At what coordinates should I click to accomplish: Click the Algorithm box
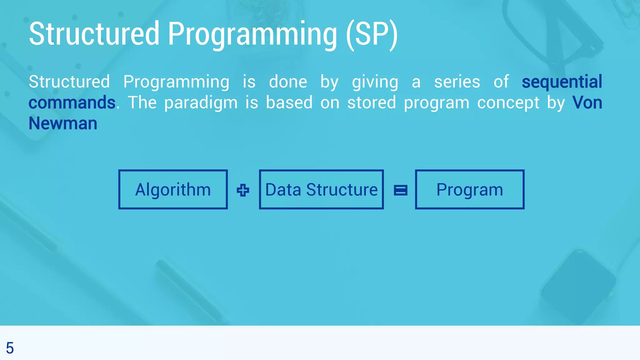tap(173, 189)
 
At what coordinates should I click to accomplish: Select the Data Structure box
tap(321, 189)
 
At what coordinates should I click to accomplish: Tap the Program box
tap(469, 189)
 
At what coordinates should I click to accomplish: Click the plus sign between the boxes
tap(243, 190)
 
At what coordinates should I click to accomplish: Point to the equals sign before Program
tap(400, 190)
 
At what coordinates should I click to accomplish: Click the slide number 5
tap(10, 348)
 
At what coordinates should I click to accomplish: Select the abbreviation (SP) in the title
tap(372, 34)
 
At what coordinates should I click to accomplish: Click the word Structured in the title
tap(94, 34)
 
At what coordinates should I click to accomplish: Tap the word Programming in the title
tap(252, 34)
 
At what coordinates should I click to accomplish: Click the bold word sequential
tap(562, 82)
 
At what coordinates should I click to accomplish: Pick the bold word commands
tap(72, 102)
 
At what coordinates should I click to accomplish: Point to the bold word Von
tap(587, 102)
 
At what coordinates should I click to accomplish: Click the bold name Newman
tap(63, 123)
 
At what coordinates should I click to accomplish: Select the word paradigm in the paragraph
tap(201, 102)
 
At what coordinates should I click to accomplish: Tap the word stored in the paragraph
tap(372, 102)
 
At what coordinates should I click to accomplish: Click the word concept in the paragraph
tap(508, 102)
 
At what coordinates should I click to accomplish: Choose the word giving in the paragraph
tap(375, 82)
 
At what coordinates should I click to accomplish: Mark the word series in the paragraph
tap(457, 82)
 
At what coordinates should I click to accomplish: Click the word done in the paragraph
tap(288, 82)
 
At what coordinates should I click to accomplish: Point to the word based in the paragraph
tap(289, 102)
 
